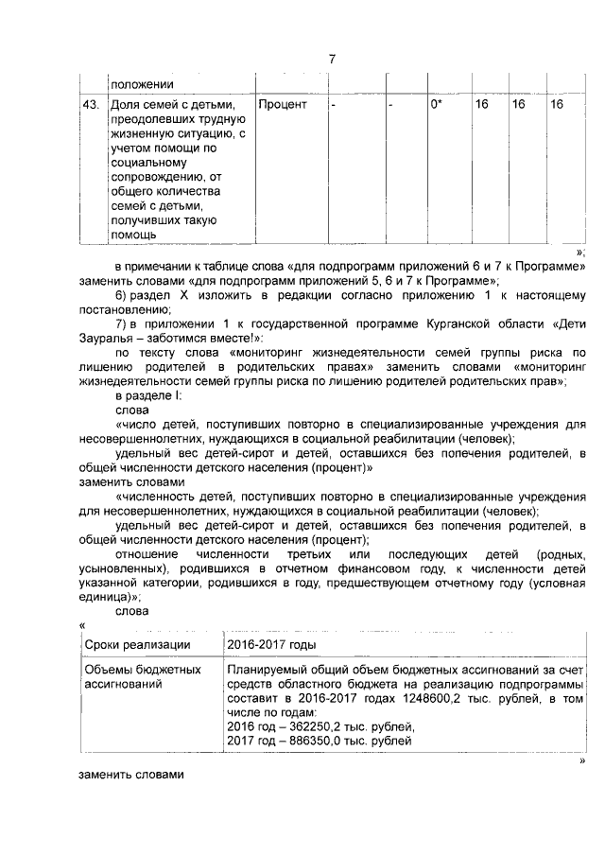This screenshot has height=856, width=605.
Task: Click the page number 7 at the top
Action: (x=331, y=60)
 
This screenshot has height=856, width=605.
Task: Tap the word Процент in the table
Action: (x=283, y=104)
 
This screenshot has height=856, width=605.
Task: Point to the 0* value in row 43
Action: (x=437, y=104)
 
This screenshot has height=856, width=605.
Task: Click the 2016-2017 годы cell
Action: (x=272, y=644)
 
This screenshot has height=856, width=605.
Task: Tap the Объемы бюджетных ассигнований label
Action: (x=142, y=676)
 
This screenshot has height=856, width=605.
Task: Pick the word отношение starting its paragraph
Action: (x=146, y=554)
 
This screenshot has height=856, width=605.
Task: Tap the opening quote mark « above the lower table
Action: (x=84, y=624)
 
